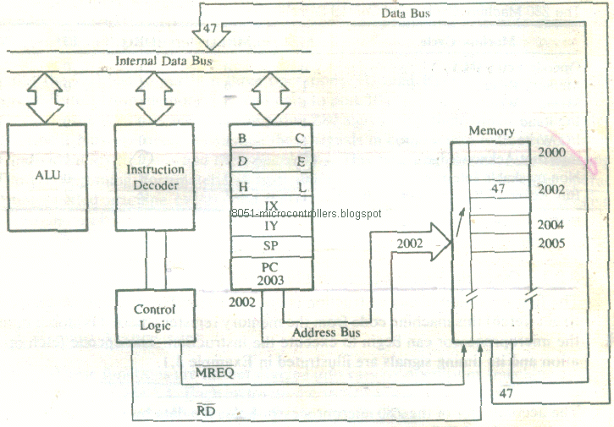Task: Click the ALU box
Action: tap(46, 177)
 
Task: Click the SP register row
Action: tap(272, 246)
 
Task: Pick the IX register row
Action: tap(272, 205)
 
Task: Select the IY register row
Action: tap(272, 226)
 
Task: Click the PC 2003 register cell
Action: tap(272, 273)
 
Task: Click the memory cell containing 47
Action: tap(498, 191)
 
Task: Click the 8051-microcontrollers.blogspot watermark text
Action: tap(306, 214)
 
